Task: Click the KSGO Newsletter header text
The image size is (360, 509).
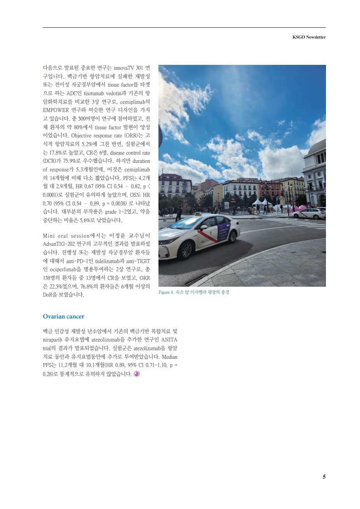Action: tap(309, 37)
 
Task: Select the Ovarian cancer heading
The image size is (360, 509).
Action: tap(63, 316)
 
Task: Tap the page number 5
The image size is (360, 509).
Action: tap(324, 477)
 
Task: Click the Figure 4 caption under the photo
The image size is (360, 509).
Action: tap(194, 292)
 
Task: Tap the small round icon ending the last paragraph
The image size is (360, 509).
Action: tap(137, 374)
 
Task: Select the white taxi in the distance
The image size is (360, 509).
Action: tap(310, 213)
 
